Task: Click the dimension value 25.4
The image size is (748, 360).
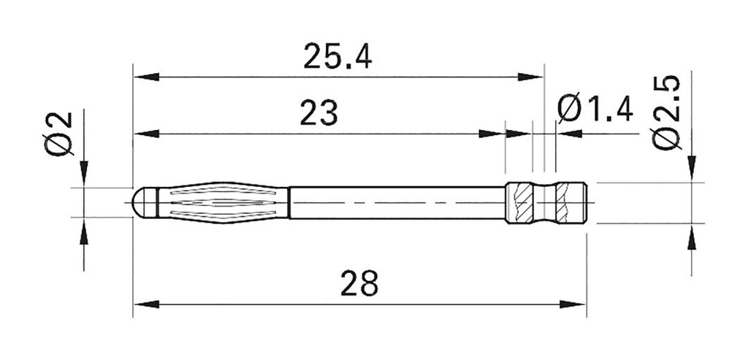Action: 337,56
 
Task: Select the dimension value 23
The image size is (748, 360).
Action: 318,114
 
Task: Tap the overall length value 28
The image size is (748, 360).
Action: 359,283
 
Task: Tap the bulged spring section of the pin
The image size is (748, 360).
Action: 223,202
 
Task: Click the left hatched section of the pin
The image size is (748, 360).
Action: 522,202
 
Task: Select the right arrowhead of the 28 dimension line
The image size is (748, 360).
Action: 573,303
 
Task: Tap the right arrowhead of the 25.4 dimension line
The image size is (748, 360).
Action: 531,77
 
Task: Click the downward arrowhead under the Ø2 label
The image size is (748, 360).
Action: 84,172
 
